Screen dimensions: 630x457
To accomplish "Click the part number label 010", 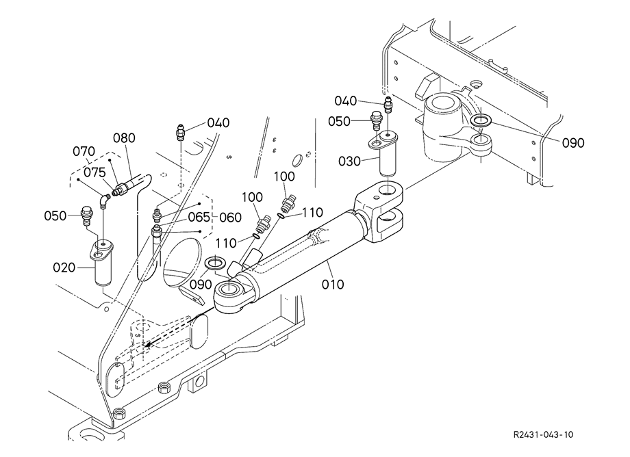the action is click(x=333, y=285).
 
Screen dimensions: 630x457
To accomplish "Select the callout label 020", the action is click(x=64, y=267).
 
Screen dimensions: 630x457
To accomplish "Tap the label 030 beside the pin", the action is click(x=349, y=161).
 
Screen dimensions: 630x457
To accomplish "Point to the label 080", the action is click(x=124, y=138).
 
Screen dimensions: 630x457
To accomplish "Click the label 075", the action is click(x=94, y=172).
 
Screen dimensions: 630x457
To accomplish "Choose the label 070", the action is click(x=84, y=152).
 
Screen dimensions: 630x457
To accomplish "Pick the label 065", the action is click(x=199, y=217).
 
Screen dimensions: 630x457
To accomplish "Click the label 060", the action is click(x=231, y=218).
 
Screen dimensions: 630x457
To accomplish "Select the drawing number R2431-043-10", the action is click(x=544, y=434).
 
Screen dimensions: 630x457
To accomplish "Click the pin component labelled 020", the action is click(x=103, y=263).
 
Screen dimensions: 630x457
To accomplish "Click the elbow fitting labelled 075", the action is click(x=105, y=200).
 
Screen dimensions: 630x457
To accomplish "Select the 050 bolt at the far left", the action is click(x=86, y=216).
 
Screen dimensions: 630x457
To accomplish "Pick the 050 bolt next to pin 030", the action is click(x=375, y=120).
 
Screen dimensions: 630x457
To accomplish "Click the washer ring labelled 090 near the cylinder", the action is click(x=216, y=263).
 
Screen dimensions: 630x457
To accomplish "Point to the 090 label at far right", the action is click(x=573, y=143).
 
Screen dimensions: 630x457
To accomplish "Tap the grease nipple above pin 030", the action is click(x=388, y=105).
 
